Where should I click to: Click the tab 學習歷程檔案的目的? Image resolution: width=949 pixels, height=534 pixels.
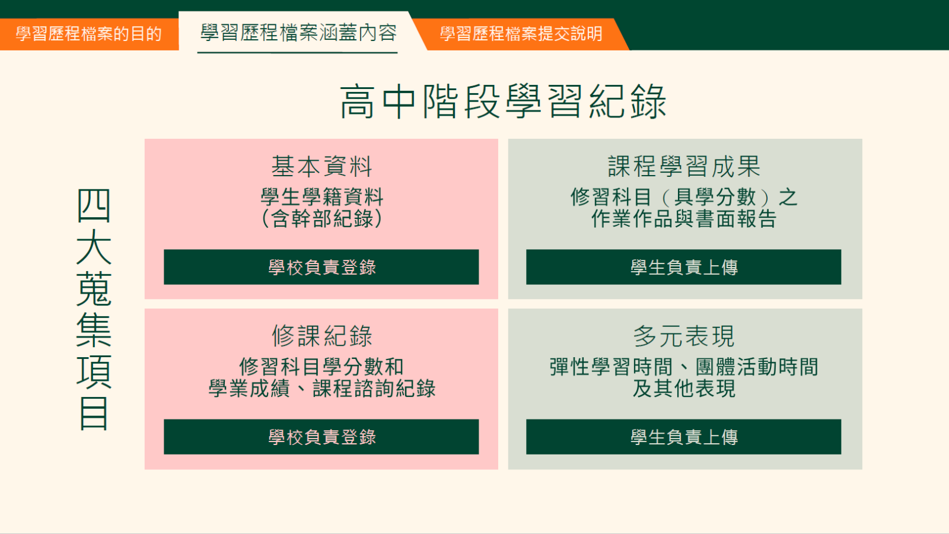coord(88,34)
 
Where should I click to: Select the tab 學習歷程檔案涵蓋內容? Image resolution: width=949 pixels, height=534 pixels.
coord(298,33)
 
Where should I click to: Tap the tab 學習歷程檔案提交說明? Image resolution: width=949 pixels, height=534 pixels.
coord(521,34)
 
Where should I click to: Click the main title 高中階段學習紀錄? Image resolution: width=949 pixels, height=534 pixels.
coord(504,101)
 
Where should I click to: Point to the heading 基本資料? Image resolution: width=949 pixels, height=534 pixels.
coord(321,166)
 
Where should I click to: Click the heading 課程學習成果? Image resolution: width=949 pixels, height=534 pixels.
coord(684,166)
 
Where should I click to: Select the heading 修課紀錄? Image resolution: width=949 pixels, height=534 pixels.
coord(321,336)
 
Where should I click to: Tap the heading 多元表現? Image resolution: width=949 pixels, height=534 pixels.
coord(684,336)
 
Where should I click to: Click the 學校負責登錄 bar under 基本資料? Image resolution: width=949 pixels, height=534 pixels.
coord(321,267)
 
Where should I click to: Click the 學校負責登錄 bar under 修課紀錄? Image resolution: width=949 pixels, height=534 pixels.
coord(321,437)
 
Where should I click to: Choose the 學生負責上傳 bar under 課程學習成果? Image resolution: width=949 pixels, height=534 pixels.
coord(683,267)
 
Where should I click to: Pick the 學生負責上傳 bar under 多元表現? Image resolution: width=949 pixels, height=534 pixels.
coord(683,437)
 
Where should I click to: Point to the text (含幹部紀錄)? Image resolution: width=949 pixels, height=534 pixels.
coord(321,219)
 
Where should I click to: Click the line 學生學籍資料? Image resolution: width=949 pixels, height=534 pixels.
coord(321,197)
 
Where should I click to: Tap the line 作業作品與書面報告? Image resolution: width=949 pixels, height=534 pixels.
coord(684,219)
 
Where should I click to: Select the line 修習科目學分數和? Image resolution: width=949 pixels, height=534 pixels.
coord(321,367)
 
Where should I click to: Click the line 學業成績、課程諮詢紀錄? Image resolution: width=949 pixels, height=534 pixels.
coord(321,388)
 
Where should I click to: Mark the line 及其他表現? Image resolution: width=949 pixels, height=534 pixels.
coord(684,388)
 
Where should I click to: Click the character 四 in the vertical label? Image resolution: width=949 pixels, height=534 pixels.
coord(94,206)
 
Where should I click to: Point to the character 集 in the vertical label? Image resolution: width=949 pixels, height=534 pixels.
coord(94,330)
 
